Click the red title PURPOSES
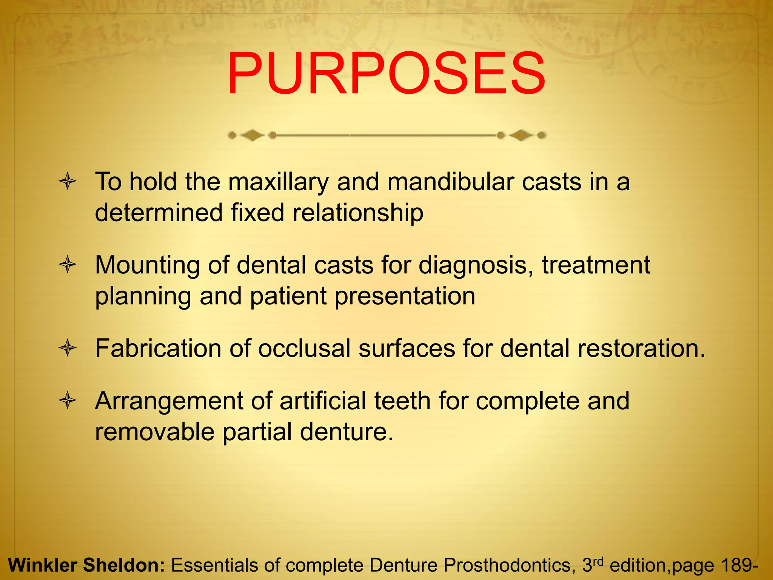[386, 74]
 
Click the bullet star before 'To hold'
[68, 182]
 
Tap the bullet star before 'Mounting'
[68, 265]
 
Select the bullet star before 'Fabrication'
[68, 348]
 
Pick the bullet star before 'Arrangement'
[68, 401]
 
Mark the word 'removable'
[154, 432]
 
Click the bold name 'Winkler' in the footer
[42, 565]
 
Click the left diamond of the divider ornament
[252, 135]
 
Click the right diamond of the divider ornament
[521, 135]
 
